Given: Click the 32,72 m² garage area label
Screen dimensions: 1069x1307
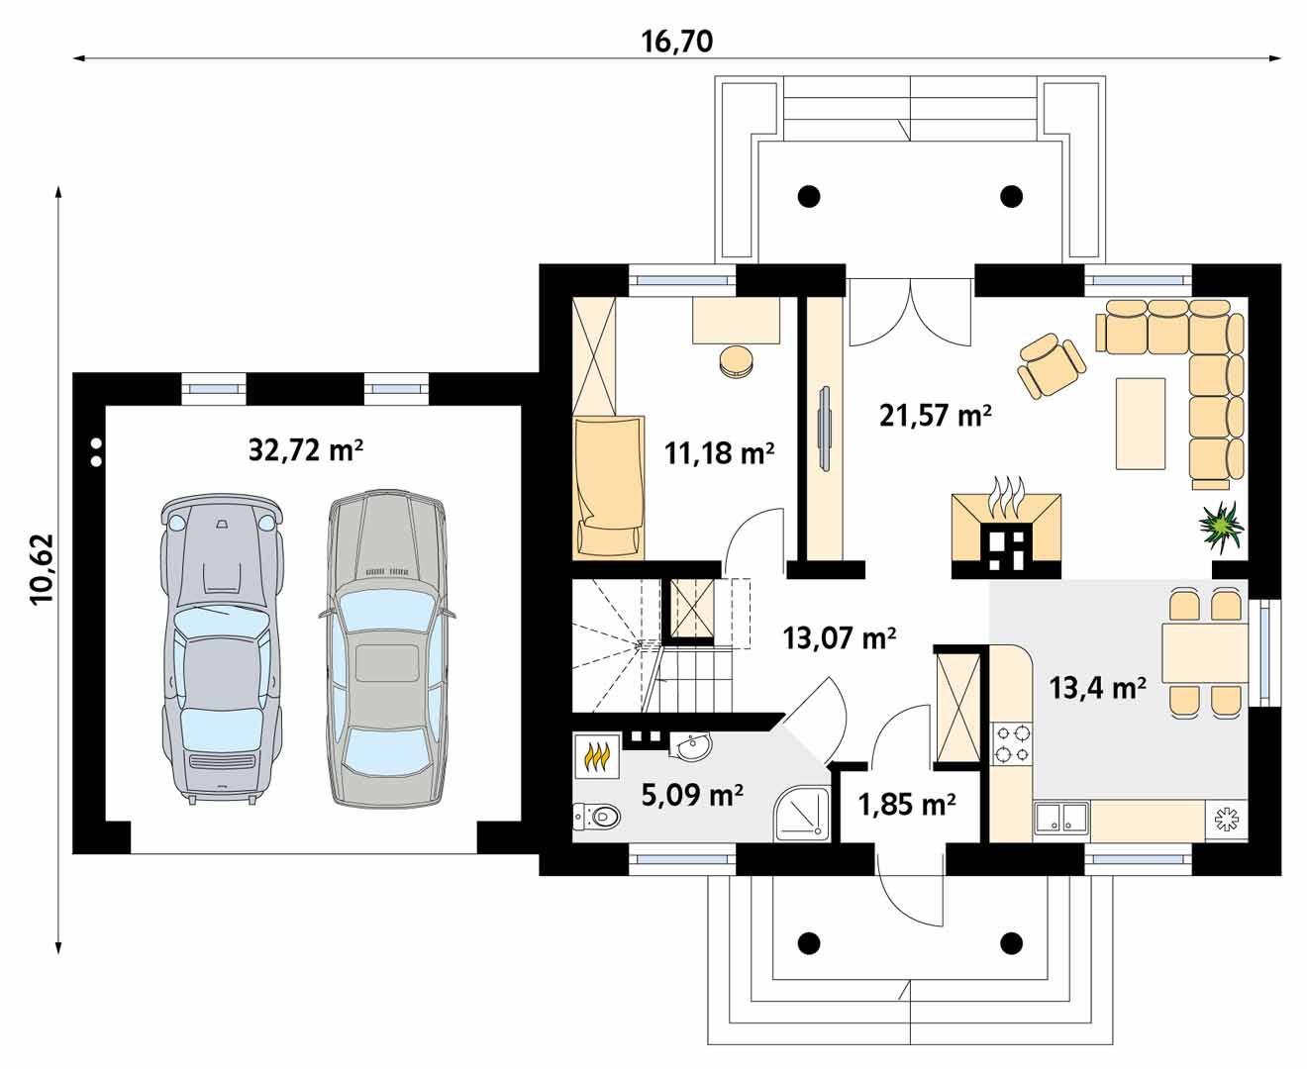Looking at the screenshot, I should coord(305,451).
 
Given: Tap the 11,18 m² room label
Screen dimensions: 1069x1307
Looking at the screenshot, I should coord(719,453).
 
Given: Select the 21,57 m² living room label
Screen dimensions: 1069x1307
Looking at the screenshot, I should coord(935,416).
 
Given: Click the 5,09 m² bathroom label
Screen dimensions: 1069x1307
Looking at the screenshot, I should coord(692,794).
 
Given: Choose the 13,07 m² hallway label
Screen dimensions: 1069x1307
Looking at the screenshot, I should coord(840,637).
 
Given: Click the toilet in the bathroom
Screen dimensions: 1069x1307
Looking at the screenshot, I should coord(596,816).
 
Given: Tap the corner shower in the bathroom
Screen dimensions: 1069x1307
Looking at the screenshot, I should coord(803,815).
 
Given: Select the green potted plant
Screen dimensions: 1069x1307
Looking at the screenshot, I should coord(1221,525).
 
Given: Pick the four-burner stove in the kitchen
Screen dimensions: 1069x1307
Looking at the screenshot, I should coord(1009,743).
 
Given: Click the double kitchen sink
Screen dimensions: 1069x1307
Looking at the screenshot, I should coord(1060,818).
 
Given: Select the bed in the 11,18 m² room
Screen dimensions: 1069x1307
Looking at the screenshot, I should coord(608,485).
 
